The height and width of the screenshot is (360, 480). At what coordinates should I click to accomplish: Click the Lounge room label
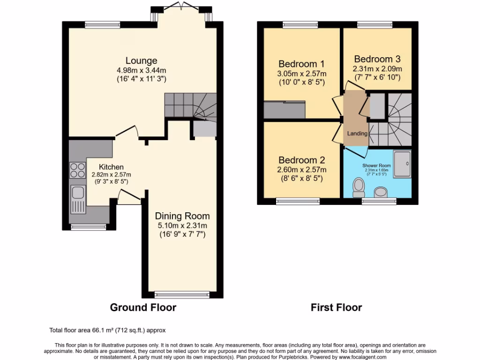click(141, 60)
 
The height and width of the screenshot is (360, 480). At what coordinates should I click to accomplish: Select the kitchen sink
click(77, 193)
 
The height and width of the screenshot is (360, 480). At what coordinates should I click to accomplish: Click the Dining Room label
click(182, 216)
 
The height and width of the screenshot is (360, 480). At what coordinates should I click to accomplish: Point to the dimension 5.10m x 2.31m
click(182, 225)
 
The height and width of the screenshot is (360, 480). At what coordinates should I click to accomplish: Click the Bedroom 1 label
click(301, 64)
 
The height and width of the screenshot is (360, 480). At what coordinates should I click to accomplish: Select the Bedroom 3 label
click(377, 59)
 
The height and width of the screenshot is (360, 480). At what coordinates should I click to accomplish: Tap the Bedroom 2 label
click(301, 160)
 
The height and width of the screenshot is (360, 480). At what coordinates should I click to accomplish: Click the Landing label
click(357, 134)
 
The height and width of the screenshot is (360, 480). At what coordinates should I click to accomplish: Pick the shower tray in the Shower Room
click(402, 165)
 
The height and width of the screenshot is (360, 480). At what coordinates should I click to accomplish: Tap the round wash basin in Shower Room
click(381, 192)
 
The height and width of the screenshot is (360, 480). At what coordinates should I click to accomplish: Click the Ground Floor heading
click(143, 307)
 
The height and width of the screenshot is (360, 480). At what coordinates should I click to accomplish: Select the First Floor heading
click(336, 307)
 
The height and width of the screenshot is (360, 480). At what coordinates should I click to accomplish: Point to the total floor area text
click(107, 330)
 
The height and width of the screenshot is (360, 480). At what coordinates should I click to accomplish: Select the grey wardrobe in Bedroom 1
click(285, 110)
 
